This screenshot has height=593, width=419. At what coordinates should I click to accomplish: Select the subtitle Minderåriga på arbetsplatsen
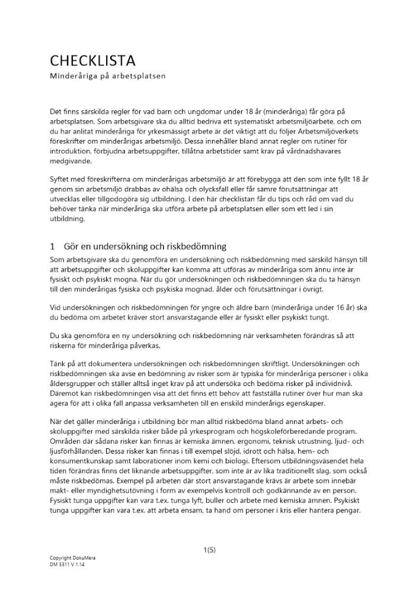click(x=107, y=77)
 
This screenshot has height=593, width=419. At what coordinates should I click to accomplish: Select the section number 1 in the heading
click(x=53, y=246)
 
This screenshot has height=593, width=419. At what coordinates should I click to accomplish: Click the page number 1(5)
click(x=209, y=550)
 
